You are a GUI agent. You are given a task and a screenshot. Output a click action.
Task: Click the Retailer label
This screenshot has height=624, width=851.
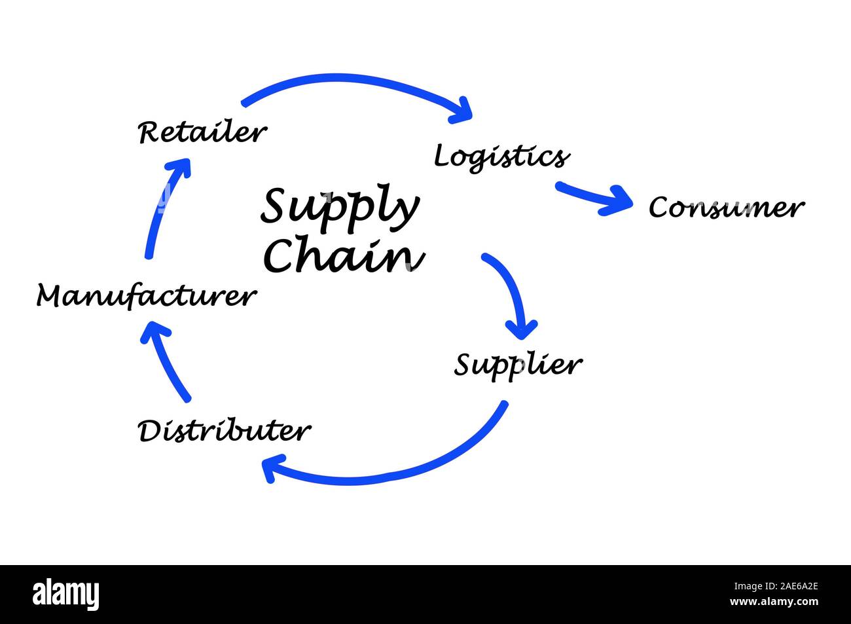202,132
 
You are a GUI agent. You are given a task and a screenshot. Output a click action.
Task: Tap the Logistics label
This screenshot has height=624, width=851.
501,156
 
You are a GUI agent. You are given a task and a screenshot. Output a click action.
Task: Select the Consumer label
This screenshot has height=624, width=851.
725,208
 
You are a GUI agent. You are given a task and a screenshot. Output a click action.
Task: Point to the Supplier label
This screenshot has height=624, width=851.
518,365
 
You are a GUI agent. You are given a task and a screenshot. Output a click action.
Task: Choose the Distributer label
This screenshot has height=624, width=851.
224,431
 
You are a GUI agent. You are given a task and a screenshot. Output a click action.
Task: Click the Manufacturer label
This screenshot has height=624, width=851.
145,296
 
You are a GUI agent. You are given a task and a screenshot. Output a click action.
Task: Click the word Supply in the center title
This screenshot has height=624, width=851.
339,207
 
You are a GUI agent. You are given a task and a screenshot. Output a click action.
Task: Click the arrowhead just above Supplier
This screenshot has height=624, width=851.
522,327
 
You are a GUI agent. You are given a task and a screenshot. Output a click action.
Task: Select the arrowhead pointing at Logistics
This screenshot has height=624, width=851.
462,110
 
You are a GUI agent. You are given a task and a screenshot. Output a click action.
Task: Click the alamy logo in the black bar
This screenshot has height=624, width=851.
66,595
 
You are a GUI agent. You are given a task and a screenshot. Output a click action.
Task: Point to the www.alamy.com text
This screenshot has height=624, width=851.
774,602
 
